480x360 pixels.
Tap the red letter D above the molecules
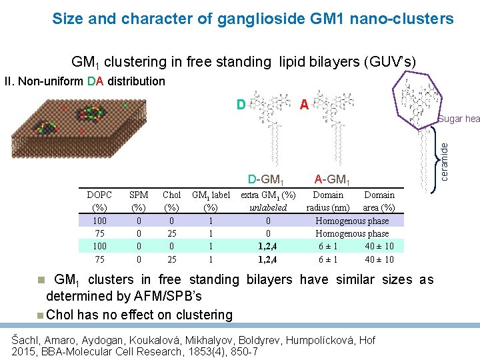click(242, 105)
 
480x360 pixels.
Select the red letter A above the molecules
click(303, 105)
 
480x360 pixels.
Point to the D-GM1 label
click(266, 179)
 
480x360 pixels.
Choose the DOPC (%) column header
click(100, 201)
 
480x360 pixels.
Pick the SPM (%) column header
click(139, 201)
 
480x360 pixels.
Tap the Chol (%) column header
click(172, 201)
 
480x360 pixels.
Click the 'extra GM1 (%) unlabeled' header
click(268, 201)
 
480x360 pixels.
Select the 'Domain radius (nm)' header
click(328, 201)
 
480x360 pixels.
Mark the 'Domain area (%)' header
click(379, 201)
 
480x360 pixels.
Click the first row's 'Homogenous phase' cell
click(352, 221)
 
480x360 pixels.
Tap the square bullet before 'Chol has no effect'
click(41, 315)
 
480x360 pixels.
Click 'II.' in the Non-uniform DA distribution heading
click(9, 81)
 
